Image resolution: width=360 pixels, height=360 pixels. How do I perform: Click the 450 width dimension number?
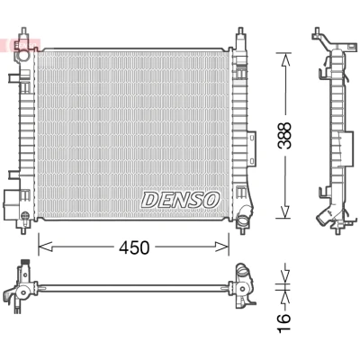134,247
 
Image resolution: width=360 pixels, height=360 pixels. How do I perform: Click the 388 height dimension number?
284,135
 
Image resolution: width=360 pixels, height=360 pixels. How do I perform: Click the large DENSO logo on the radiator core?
181,200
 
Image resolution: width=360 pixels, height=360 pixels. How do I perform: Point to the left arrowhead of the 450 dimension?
45,247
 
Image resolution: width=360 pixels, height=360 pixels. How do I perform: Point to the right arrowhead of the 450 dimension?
222,247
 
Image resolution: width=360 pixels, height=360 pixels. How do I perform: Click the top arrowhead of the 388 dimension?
284,59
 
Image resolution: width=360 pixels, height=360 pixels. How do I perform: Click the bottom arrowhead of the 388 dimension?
284,211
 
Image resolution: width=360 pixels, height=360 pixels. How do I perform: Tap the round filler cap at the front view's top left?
23,55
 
